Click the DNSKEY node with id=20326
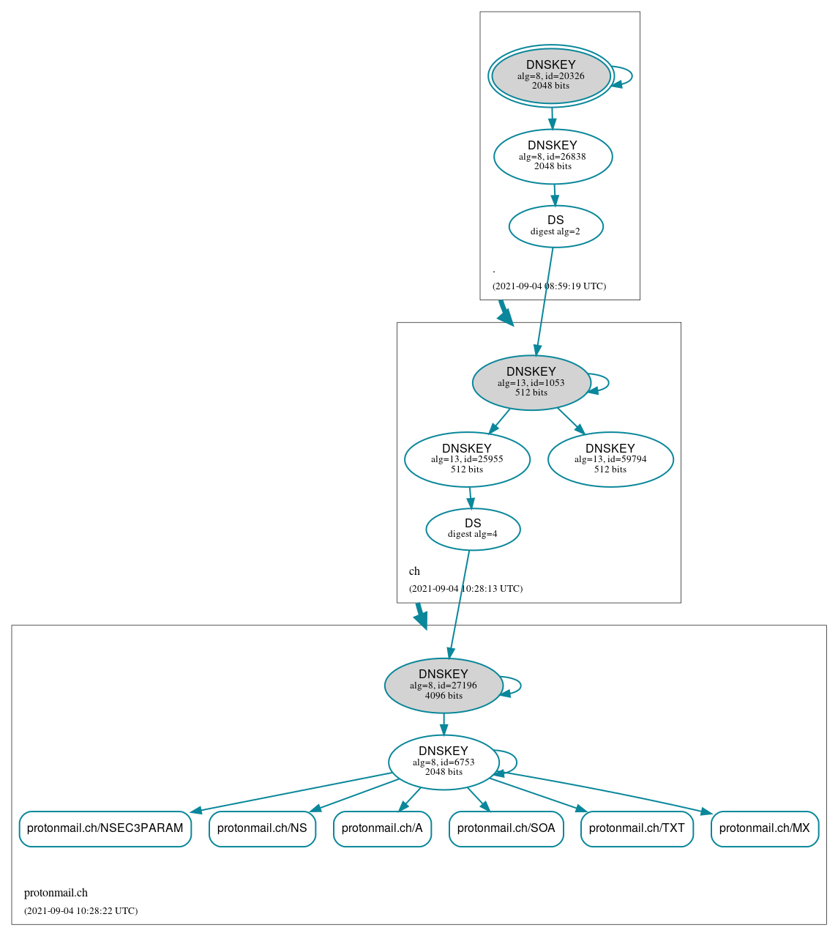point(551,76)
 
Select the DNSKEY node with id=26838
point(553,156)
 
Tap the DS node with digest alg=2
point(555,226)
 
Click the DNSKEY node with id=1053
point(531,382)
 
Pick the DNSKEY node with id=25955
point(467,459)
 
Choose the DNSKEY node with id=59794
point(610,459)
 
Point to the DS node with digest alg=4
point(473,529)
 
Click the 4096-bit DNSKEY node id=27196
point(444,686)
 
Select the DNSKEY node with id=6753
point(444,762)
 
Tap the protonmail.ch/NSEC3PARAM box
point(105,828)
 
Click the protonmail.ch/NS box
point(262,828)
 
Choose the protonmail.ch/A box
point(382,828)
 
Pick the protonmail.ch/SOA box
point(506,828)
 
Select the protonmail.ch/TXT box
point(637,828)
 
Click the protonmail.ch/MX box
point(765,828)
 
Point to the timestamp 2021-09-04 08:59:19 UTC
point(549,286)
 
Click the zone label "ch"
point(414,571)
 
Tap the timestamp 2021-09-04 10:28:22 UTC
point(81,911)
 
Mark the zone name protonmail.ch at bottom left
point(56,893)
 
